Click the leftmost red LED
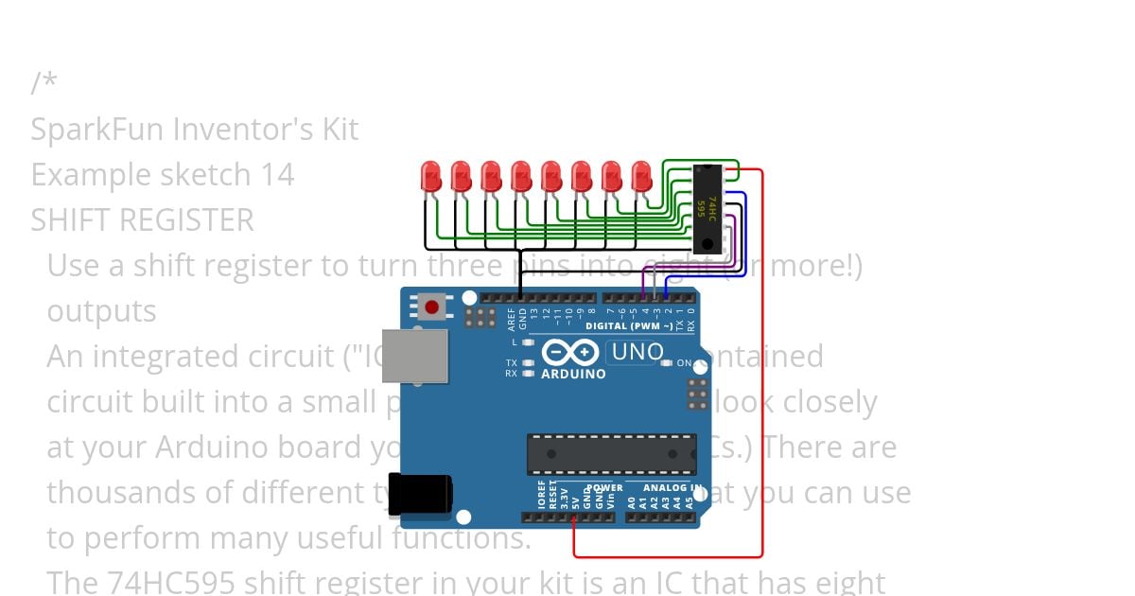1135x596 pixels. tap(430, 175)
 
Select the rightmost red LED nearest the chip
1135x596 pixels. tap(642, 175)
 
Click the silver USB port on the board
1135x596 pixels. tap(414, 356)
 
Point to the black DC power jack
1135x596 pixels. tap(422, 493)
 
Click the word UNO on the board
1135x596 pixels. tap(638, 353)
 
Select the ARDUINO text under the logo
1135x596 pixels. tap(573, 374)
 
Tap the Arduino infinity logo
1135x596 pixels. tap(571, 353)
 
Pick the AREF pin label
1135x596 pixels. tap(512, 317)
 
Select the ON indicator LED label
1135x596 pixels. tap(683, 363)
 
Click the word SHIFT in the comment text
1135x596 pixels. tap(70, 220)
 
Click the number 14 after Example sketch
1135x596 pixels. tap(277, 175)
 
